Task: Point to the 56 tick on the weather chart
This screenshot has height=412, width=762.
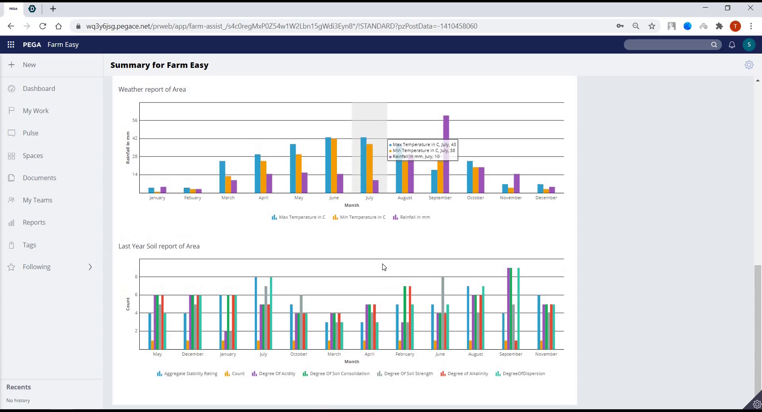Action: pos(135,120)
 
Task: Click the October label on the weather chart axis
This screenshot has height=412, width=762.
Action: pos(475,198)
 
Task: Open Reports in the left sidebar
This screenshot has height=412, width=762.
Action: pos(34,222)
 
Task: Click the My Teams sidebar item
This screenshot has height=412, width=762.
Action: pos(37,200)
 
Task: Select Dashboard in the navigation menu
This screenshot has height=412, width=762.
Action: pos(39,89)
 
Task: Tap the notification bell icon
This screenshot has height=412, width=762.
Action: pos(732,45)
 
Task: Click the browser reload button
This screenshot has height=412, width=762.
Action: pos(43,26)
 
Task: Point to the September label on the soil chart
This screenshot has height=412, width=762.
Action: pos(511,354)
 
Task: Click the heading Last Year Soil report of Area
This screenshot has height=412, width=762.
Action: pos(159,246)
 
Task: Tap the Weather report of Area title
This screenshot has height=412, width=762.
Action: pos(152,89)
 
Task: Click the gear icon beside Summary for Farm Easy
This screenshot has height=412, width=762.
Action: pos(749,65)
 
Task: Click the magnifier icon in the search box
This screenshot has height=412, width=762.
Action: pos(714,45)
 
